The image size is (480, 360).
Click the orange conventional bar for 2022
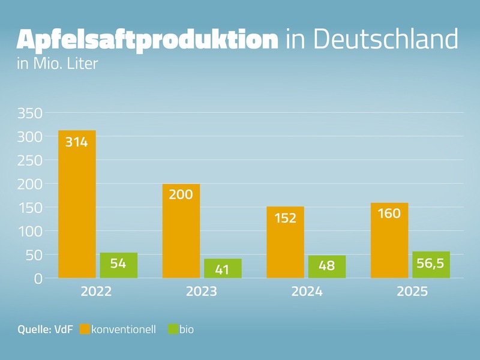[77, 204]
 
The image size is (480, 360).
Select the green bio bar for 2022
[119, 265]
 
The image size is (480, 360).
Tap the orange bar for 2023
[181, 231]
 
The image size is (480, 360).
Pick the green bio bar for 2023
[223, 268]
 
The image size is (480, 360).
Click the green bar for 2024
[326, 267]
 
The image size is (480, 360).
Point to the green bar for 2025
[431, 265]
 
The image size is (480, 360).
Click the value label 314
[77, 142]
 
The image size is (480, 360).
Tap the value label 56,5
[431, 262]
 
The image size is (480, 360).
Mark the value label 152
[285, 218]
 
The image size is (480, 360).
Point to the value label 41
[223, 270]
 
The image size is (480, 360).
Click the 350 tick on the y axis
[30, 113]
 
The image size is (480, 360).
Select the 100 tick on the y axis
[30, 232]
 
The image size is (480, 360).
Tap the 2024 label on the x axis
[306, 292]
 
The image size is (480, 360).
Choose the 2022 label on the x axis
[97, 292]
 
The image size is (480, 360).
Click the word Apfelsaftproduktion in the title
[148, 40]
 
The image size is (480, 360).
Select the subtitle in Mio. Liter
[58, 63]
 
